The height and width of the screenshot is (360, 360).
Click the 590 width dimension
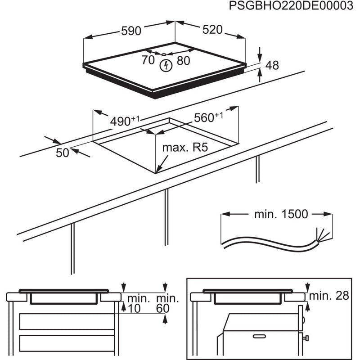(x=131, y=31)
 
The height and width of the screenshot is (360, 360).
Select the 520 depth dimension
(x=212, y=30)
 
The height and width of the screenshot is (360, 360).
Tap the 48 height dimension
(x=272, y=65)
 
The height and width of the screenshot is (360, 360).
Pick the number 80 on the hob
(x=184, y=60)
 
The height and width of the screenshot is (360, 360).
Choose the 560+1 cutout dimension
(x=208, y=117)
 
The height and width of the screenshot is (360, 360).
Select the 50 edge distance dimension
(x=63, y=153)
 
